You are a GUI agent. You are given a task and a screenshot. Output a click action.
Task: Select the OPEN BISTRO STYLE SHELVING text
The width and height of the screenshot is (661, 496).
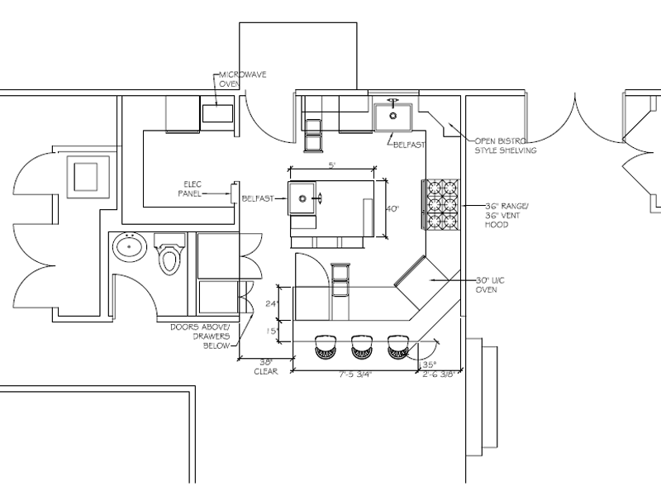(504, 145)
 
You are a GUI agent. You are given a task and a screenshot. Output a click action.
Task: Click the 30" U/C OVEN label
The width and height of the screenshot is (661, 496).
(493, 285)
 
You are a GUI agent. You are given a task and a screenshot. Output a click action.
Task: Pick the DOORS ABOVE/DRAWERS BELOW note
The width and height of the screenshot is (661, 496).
(198, 336)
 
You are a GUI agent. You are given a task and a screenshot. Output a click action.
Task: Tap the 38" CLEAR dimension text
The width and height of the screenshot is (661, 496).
(264, 366)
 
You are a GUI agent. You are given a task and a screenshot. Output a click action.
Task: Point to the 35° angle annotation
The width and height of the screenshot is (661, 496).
(429, 363)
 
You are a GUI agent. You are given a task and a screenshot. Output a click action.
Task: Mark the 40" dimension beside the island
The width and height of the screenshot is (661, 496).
(393, 209)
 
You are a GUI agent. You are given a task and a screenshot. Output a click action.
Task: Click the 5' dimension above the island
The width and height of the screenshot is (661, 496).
(331, 165)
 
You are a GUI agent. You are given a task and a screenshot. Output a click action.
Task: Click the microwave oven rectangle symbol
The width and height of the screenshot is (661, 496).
(216, 113)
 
